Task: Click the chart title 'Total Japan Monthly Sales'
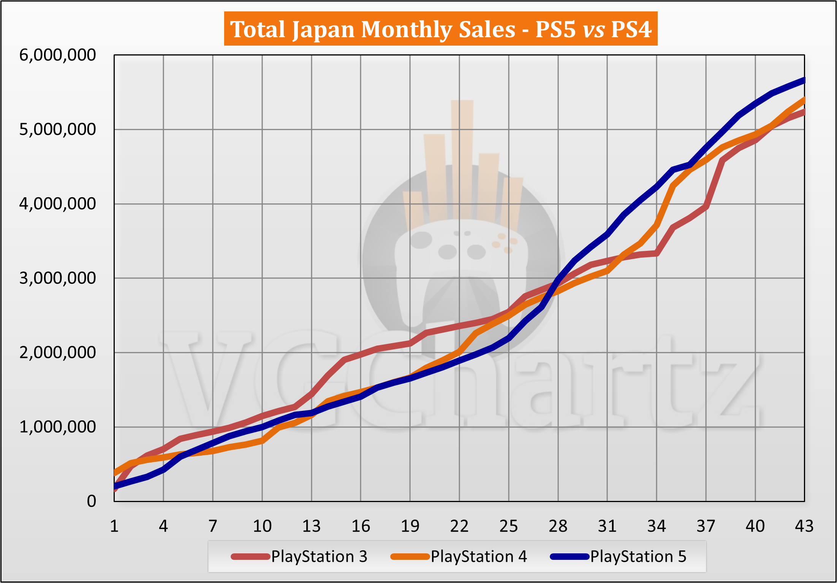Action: point(372,29)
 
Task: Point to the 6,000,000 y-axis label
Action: point(58,55)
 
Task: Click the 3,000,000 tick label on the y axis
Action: point(58,278)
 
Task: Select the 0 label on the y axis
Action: point(91,501)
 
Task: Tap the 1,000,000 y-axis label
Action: point(58,427)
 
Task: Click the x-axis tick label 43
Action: point(804,526)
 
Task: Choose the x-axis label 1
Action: point(114,526)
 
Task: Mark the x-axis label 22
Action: point(459,526)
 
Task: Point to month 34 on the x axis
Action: point(656,526)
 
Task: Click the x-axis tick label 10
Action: point(262,526)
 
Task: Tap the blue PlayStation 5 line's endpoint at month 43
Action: point(804,80)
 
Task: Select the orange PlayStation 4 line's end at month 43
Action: point(804,100)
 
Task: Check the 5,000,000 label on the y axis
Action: point(58,130)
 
